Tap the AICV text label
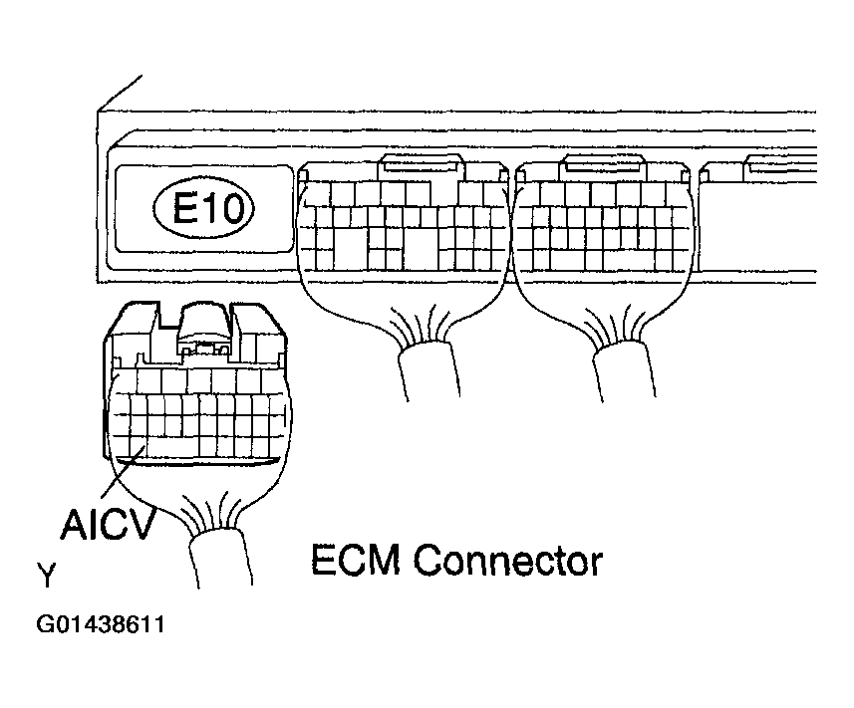coord(108,525)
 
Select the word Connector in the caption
coord(508,560)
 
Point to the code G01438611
coord(101,627)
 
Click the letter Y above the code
coord(46,577)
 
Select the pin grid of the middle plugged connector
coord(404,229)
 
